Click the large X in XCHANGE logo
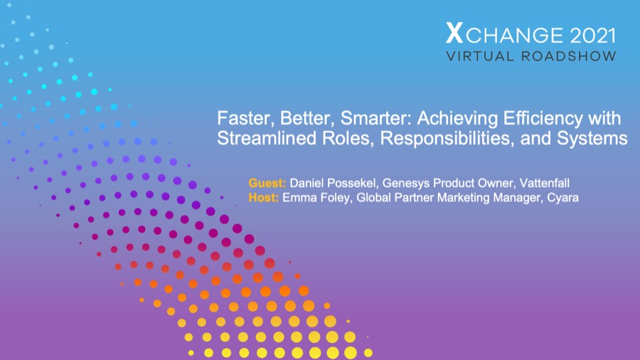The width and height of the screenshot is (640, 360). [453, 33]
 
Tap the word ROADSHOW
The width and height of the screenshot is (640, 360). [570, 56]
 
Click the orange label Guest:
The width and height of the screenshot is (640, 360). [267, 182]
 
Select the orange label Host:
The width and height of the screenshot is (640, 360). [264, 197]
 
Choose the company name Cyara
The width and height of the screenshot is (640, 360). [562, 197]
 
